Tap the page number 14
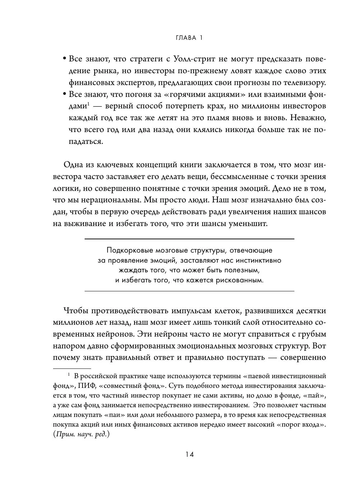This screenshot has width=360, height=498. coord(189,455)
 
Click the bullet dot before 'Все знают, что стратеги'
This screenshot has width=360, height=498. coord(65,59)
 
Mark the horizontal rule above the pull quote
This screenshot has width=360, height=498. coord(189,239)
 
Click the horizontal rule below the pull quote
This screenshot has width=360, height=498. coord(189,291)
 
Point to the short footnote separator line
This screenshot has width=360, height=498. coord(72,368)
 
